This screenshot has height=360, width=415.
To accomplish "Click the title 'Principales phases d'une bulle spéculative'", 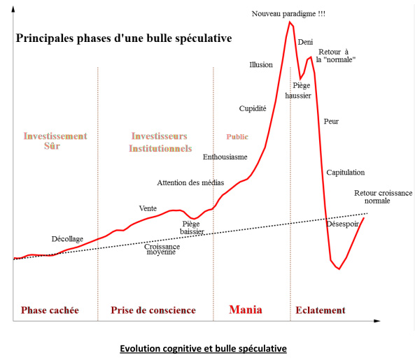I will click(123, 37).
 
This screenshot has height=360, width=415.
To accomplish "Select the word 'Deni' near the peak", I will click(305, 43).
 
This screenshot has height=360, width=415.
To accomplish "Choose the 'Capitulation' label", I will click(345, 173).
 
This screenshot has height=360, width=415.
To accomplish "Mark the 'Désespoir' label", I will click(343, 224).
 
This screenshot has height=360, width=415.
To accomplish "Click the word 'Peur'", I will click(331, 121).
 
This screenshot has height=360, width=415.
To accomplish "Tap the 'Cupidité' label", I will click(253, 108).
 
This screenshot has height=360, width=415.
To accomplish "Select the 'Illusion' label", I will click(261, 65).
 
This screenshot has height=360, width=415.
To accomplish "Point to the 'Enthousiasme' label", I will click(225, 157).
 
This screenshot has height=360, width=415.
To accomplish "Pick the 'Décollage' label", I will click(67, 239).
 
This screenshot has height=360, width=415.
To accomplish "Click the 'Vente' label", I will click(148, 208).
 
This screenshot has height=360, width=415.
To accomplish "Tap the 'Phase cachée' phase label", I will click(50, 310).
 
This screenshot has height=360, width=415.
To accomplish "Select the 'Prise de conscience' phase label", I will click(153, 310).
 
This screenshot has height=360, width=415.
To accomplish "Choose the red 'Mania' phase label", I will click(246, 310).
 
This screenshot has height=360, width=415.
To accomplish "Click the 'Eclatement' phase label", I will click(321, 310).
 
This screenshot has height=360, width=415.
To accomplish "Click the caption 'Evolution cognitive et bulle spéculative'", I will click(203, 347).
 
